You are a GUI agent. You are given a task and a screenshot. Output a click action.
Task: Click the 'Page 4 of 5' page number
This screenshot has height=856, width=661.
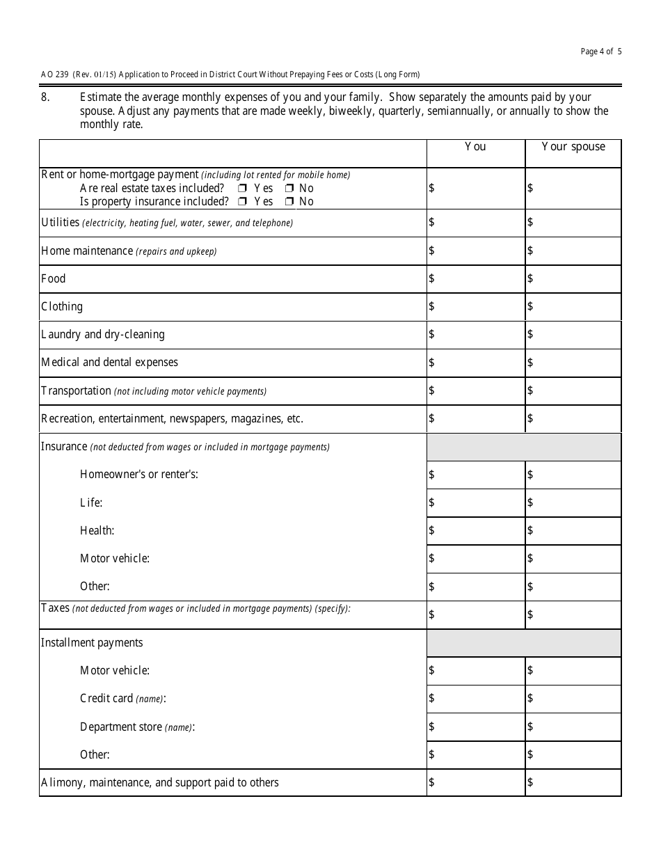601,51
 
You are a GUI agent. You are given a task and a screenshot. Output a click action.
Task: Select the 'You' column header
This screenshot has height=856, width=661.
475,147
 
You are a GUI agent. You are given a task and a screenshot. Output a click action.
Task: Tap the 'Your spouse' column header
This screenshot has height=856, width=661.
573,147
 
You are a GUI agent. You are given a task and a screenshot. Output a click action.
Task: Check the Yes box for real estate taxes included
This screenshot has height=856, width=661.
242,189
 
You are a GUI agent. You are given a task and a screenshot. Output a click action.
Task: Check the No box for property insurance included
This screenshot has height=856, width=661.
288,202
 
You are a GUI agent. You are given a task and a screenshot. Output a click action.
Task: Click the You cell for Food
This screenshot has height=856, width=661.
475,279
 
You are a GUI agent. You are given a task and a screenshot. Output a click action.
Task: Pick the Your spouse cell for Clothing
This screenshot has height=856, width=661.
573,307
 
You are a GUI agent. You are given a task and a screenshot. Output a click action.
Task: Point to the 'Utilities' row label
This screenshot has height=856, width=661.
60,223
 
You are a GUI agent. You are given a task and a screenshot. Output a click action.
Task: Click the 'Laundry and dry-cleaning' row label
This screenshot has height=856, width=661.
103,335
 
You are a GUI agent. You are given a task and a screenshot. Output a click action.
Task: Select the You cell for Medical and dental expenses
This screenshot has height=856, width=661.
475,363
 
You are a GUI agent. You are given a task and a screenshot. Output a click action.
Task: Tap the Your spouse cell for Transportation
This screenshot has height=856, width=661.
573,391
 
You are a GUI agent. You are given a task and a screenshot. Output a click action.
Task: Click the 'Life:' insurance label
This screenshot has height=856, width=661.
91,502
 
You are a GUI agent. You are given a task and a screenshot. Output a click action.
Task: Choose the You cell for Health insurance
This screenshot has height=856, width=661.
475,531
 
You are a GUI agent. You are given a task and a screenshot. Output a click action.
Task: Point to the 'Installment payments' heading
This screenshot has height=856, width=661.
92,643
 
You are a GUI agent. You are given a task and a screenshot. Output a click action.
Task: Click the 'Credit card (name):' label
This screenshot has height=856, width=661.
122,699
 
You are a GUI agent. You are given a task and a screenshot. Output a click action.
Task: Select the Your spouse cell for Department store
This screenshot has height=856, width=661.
573,727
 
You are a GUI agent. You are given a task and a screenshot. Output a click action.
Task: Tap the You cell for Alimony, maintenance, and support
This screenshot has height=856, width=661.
475,783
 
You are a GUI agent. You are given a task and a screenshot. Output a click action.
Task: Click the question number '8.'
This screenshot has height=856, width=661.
45,97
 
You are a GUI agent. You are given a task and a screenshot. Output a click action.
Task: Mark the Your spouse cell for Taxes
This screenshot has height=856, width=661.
573,615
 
